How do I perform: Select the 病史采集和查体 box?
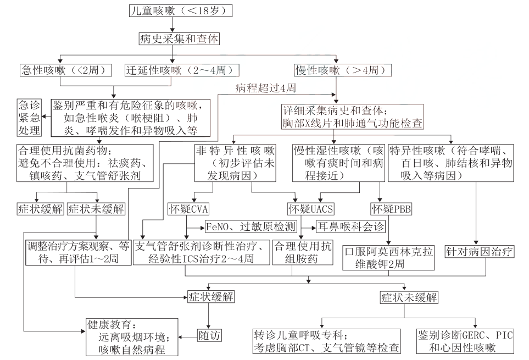click(175, 39)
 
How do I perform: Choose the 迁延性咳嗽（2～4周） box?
click(181, 70)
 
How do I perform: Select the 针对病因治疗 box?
click(480, 252)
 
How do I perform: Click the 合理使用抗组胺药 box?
click(303, 252)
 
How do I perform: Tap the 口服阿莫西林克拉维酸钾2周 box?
click(389, 258)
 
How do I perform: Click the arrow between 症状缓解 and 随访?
click(208, 315)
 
